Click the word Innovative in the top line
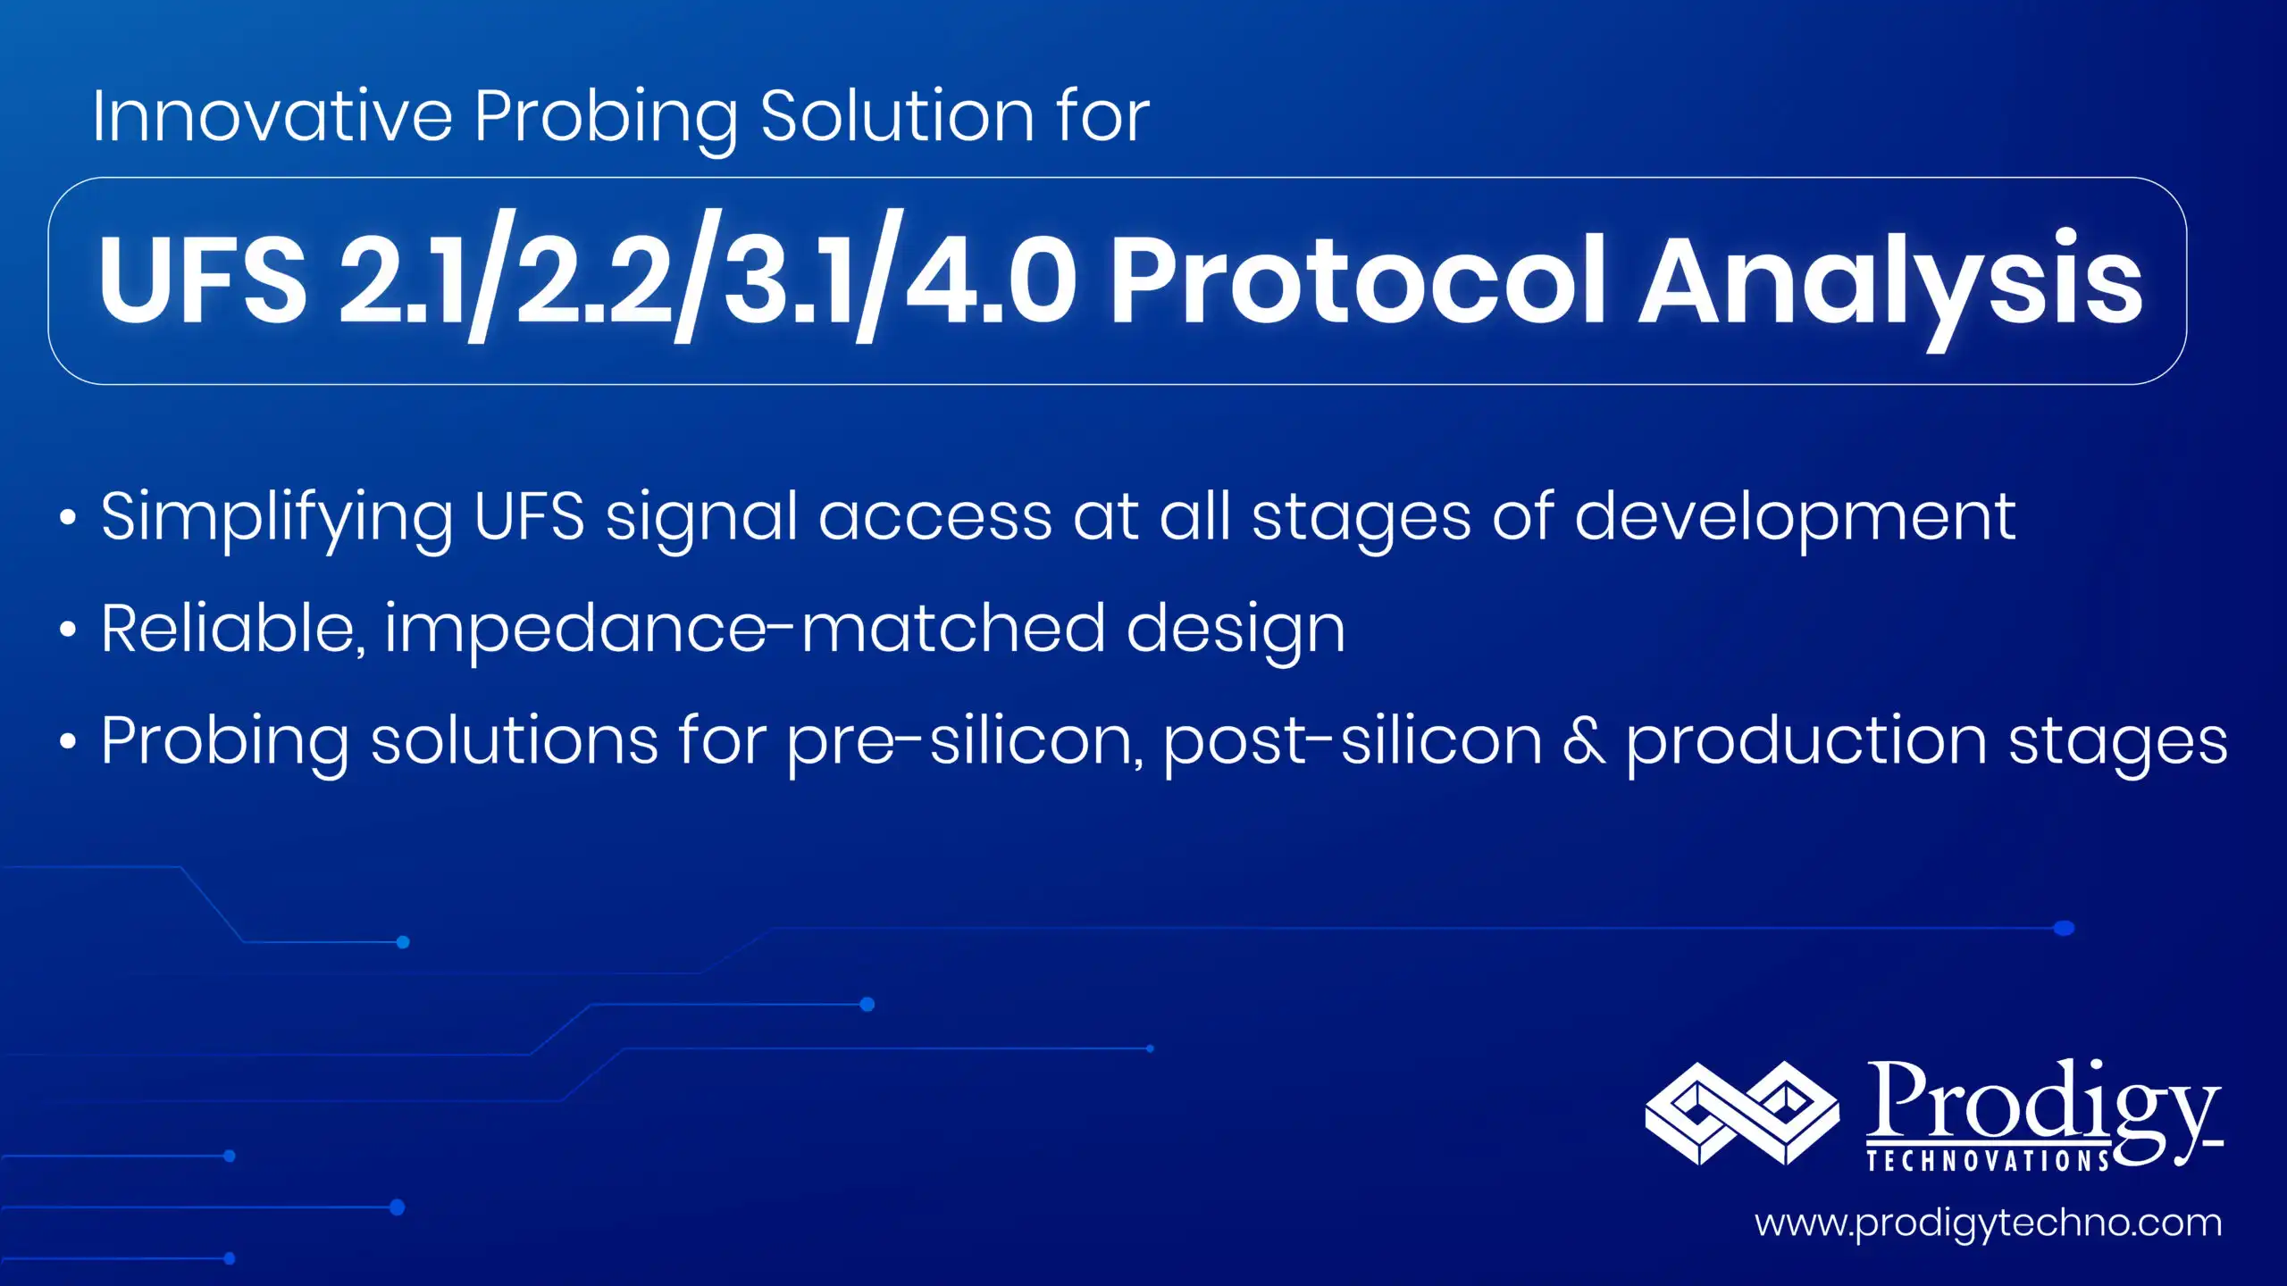[x=272, y=116]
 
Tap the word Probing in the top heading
[x=606, y=118]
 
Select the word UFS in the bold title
[x=203, y=280]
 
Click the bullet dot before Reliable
[x=68, y=630]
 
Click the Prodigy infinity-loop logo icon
[x=1741, y=1114]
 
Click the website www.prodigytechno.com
[x=1988, y=1223]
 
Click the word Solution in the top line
[x=897, y=116]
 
